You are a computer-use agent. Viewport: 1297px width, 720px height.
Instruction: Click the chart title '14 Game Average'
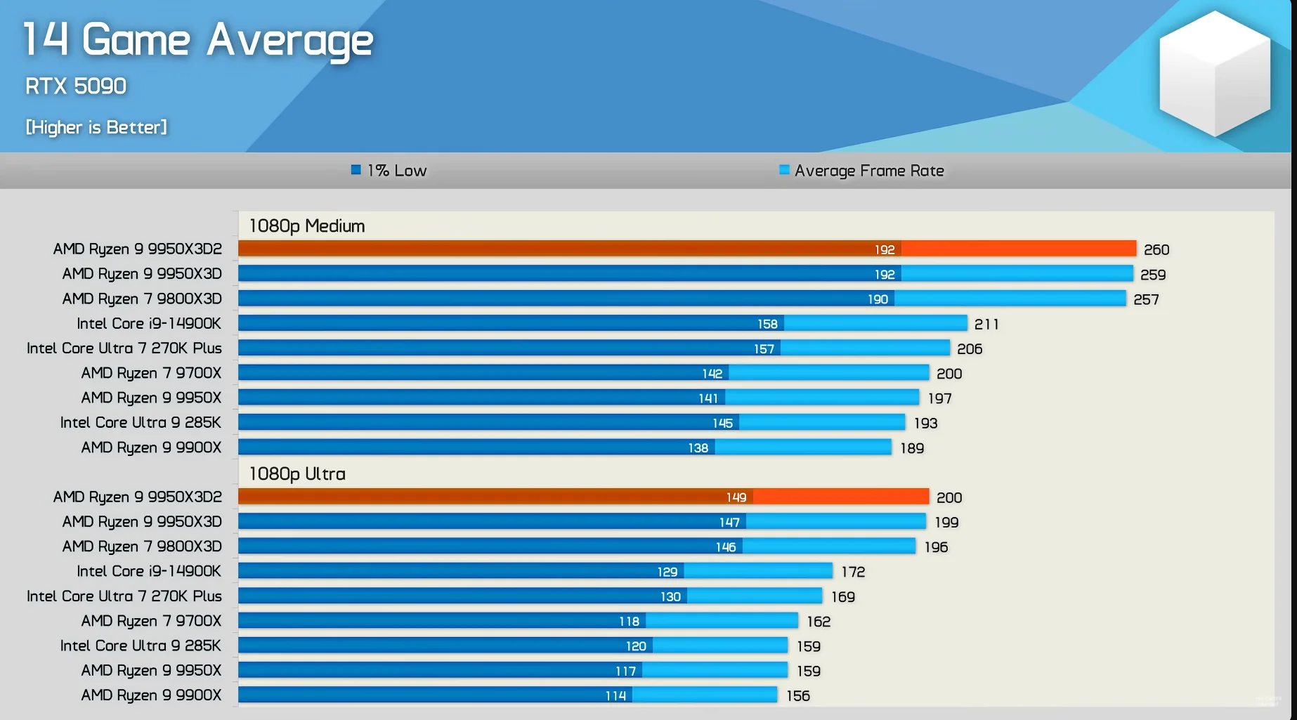click(x=198, y=39)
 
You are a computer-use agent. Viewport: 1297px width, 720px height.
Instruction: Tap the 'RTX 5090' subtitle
click(x=76, y=86)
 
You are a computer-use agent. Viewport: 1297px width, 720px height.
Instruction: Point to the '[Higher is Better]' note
click(x=96, y=127)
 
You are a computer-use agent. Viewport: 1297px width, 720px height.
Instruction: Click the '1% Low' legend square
click(x=356, y=170)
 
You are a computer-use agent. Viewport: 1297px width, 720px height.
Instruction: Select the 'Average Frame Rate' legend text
click(x=869, y=171)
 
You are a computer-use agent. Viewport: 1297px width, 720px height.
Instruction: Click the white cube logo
click(x=1214, y=74)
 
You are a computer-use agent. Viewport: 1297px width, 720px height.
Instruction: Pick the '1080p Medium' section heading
click(x=307, y=226)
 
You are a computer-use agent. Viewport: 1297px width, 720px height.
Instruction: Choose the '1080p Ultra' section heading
click(x=297, y=474)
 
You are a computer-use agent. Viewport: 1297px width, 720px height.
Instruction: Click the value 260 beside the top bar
click(x=1156, y=250)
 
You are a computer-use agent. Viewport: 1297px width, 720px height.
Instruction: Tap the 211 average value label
click(x=986, y=325)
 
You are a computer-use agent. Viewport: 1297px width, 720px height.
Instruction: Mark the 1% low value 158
click(x=767, y=324)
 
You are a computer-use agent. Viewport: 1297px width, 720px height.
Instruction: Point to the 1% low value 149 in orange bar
click(x=736, y=497)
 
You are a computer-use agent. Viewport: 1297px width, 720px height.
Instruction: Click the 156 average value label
click(x=798, y=696)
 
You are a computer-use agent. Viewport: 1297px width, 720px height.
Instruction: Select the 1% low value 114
click(x=615, y=696)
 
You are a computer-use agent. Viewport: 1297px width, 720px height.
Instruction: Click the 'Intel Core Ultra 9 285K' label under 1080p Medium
click(x=141, y=423)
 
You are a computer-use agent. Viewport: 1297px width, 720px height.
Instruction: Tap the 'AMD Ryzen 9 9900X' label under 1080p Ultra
click(x=151, y=695)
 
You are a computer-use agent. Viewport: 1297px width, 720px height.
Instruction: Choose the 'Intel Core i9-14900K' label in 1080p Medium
click(x=149, y=324)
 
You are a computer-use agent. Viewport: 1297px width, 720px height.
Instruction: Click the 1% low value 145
click(x=722, y=424)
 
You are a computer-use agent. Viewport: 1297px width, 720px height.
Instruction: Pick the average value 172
click(x=853, y=572)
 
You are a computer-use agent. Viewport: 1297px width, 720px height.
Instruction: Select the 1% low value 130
click(x=670, y=597)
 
